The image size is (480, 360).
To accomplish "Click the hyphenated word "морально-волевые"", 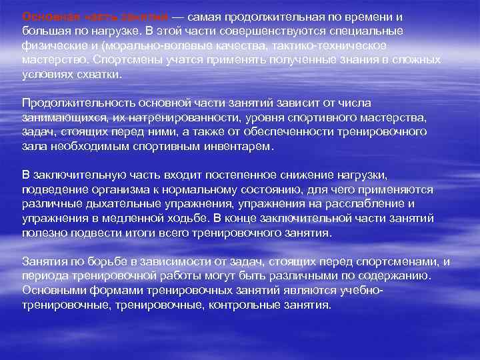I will pos(147,46).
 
